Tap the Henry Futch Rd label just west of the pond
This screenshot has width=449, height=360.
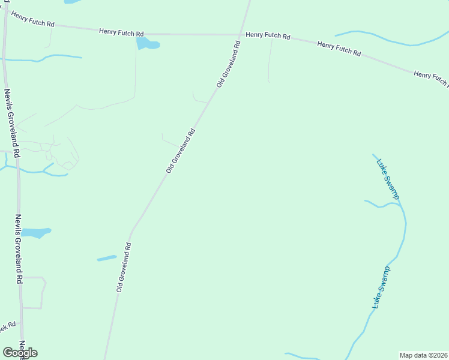121,32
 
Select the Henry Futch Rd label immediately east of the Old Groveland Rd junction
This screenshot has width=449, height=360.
268,36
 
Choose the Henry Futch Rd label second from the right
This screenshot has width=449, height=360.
339,49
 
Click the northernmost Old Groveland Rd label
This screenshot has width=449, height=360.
229,65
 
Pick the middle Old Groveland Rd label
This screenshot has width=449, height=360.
181,151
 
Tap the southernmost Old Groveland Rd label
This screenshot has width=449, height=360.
124,267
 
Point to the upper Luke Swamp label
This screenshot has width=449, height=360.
387,178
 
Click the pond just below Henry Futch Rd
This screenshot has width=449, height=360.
147,44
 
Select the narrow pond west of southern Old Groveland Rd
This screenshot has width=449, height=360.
107,258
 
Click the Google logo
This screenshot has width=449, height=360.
20,353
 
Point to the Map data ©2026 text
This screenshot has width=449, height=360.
423,355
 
